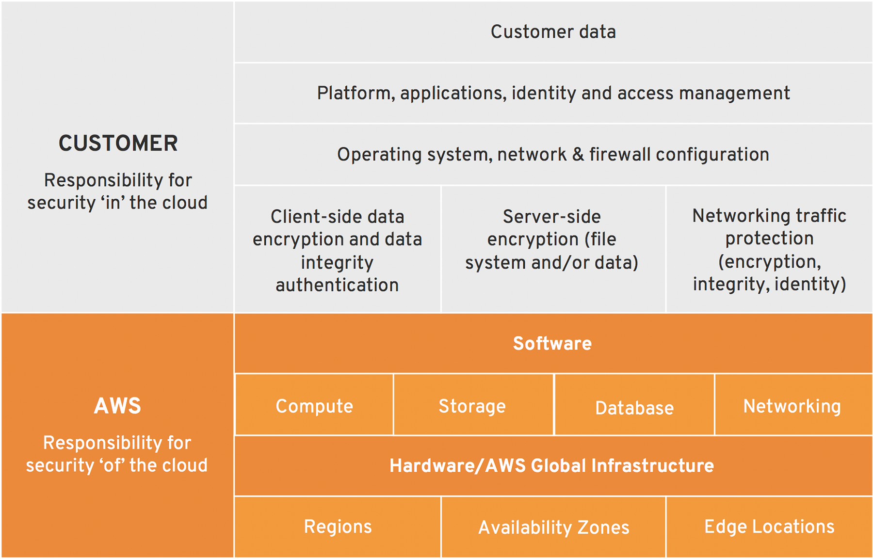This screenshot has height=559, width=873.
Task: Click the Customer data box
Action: pyautogui.click(x=553, y=32)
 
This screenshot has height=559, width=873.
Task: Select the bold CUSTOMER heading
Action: pyautogui.click(x=118, y=144)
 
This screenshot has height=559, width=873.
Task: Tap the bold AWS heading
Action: pyautogui.click(x=117, y=406)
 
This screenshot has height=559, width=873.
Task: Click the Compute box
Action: pyautogui.click(x=314, y=405)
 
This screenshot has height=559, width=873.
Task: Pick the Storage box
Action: pyautogui.click(x=473, y=405)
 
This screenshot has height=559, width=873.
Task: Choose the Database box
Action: pyautogui.click(x=634, y=405)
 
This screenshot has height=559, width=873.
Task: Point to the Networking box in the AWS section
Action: pyautogui.click(x=793, y=405)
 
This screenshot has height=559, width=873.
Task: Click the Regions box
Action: pyautogui.click(x=338, y=527)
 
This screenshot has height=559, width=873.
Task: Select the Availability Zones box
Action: pyautogui.click(x=553, y=527)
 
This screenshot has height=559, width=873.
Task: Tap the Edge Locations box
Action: pyautogui.click(x=769, y=527)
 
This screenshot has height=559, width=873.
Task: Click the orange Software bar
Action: pyautogui.click(x=553, y=343)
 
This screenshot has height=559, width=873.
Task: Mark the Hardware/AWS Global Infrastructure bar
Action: pyautogui.click(x=553, y=466)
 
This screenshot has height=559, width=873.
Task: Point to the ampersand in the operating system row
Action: pyautogui.click(x=578, y=155)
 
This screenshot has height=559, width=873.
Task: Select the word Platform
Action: pyautogui.click(x=356, y=93)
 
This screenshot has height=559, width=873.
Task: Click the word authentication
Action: pyautogui.click(x=337, y=285)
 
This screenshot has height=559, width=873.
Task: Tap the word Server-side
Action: pyautogui.click(x=552, y=217)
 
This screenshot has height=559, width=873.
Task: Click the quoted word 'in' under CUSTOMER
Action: pyautogui.click(x=113, y=203)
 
